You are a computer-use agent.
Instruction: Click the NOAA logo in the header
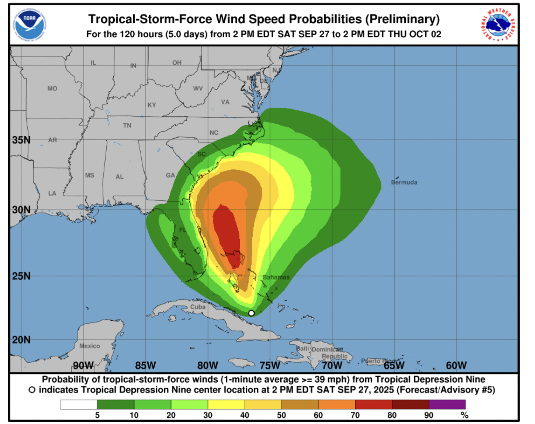pyautogui.click(x=30, y=25)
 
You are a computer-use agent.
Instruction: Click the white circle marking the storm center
pyautogui.click(x=252, y=313)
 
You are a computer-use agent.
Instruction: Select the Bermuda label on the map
pyautogui.click(x=404, y=182)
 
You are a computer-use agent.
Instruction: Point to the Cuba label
pyautogui.click(x=198, y=307)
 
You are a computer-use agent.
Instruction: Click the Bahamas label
pyautogui.click(x=276, y=277)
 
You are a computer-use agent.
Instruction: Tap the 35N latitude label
pyautogui.click(x=21, y=140)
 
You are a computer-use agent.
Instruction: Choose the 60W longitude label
pyautogui.click(x=456, y=366)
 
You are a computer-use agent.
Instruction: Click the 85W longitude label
pyautogui.click(x=145, y=366)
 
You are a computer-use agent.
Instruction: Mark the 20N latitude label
pyautogui.click(x=21, y=339)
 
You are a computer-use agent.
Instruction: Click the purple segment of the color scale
pyautogui.click(x=447, y=405)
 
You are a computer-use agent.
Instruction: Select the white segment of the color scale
pyautogui.click(x=79, y=405)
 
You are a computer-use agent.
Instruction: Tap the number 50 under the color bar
pyautogui.click(x=282, y=415)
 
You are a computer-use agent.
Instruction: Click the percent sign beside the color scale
pyautogui.click(x=464, y=415)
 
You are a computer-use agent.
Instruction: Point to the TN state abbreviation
pyautogui.click(x=127, y=125)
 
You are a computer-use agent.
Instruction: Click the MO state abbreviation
pyautogui.click(x=52, y=88)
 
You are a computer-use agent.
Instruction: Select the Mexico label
pyautogui.click(x=90, y=346)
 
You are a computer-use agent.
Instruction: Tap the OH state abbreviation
pyautogui.click(x=177, y=62)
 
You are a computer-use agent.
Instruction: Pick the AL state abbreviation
pyautogui.click(x=120, y=177)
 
